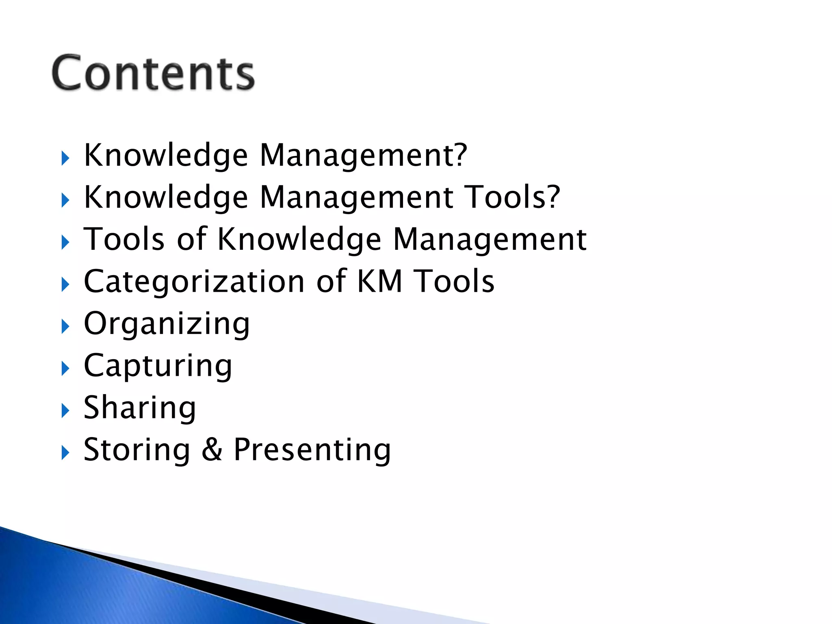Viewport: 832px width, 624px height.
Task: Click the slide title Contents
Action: [153, 73]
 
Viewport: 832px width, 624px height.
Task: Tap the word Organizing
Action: [167, 324]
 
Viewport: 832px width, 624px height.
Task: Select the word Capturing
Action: [158, 366]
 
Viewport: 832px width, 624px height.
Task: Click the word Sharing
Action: [140, 408]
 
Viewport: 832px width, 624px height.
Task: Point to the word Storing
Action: [136, 450]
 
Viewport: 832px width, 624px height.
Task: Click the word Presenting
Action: [312, 450]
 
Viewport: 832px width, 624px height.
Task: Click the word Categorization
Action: [194, 282]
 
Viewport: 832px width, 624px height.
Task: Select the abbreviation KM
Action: [379, 281]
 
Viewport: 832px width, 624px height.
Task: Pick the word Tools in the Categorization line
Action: [454, 281]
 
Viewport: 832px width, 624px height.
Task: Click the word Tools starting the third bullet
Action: [124, 239]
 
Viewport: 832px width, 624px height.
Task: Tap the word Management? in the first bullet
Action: [364, 155]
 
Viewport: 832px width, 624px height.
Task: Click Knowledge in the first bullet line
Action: [165, 155]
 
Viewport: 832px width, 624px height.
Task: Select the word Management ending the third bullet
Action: [490, 240]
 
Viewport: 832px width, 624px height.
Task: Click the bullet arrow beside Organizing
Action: [65, 327]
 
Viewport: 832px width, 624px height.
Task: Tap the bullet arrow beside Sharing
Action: [65, 411]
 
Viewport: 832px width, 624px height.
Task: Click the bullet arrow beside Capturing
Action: [65, 369]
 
